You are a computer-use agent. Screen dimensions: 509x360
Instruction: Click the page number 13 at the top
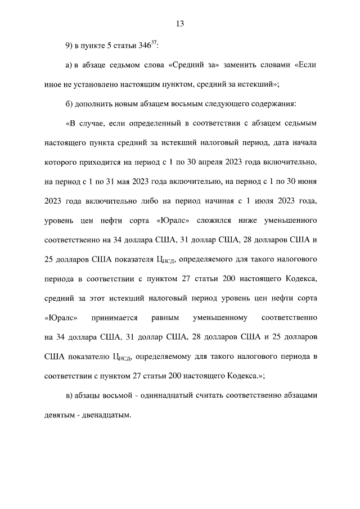[180, 24]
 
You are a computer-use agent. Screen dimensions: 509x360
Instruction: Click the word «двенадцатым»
[105, 416]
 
